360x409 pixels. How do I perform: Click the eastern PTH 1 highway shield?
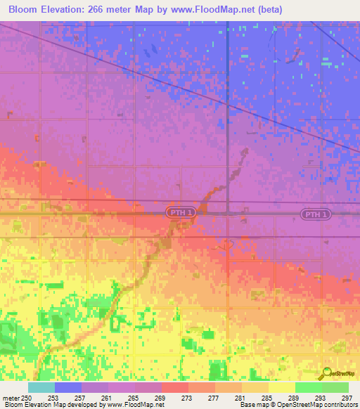pos(314,214)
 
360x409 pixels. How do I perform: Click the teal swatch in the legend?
pos(41,387)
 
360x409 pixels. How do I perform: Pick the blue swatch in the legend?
pos(68,387)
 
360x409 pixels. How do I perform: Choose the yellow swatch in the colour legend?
pos(282,387)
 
